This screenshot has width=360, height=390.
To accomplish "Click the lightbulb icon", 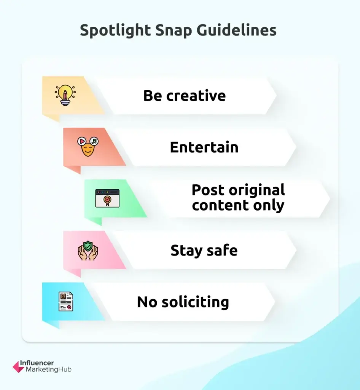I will pyautogui.click(x=65, y=95).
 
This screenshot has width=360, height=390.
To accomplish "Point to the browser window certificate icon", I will pyautogui.click(x=107, y=198).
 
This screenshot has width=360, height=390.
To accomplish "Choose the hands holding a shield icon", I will pyautogui.click(x=88, y=250).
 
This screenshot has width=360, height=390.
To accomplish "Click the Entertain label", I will pyautogui.click(x=204, y=147).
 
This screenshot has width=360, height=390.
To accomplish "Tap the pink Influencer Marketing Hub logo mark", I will pyautogui.click(x=18, y=366).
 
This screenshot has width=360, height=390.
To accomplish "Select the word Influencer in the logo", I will pyautogui.click(x=39, y=363).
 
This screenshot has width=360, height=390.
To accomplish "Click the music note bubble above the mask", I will pyautogui.click(x=94, y=141).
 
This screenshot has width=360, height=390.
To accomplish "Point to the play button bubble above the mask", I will pyautogui.click(x=81, y=141).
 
